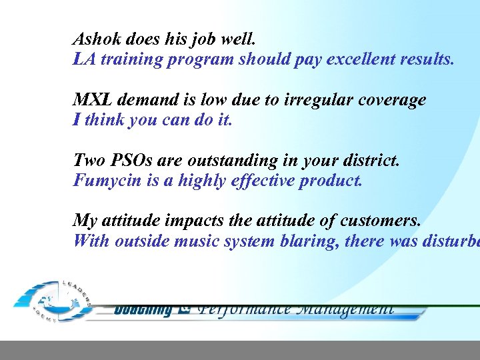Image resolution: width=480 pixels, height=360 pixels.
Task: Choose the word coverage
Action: point(393,100)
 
